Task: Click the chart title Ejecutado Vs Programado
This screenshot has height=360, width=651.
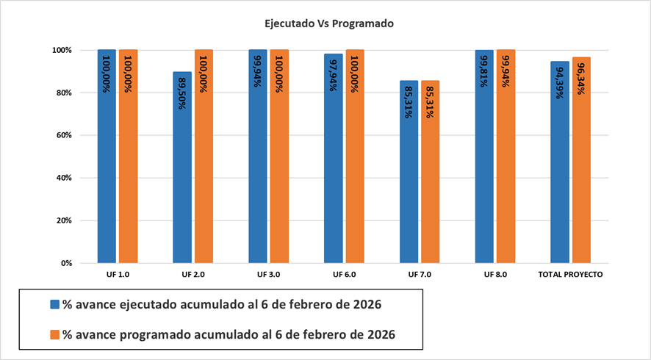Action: click(x=329, y=24)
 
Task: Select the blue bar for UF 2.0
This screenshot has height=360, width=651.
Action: click(x=182, y=176)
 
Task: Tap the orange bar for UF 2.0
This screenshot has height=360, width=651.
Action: click(x=204, y=176)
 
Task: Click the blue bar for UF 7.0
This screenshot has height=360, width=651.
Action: click(x=409, y=184)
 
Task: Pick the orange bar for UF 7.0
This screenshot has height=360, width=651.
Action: click(x=430, y=184)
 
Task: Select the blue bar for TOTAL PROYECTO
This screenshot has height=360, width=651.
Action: click(x=560, y=176)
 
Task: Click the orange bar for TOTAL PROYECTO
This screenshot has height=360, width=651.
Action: click(x=581, y=176)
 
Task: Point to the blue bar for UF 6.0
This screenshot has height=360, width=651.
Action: click(x=333, y=176)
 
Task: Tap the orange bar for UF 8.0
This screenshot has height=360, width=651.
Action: click(x=506, y=176)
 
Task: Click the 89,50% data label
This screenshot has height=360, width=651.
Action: click(x=182, y=90)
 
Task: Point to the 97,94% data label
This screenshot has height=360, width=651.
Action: click(x=334, y=73)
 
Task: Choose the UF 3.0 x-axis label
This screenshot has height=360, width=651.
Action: click(x=269, y=274)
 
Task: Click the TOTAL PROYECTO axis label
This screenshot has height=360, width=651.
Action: click(x=571, y=274)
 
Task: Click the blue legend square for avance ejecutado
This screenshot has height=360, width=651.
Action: click(x=54, y=304)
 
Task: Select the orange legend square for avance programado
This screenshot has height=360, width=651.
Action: click(x=54, y=334)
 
